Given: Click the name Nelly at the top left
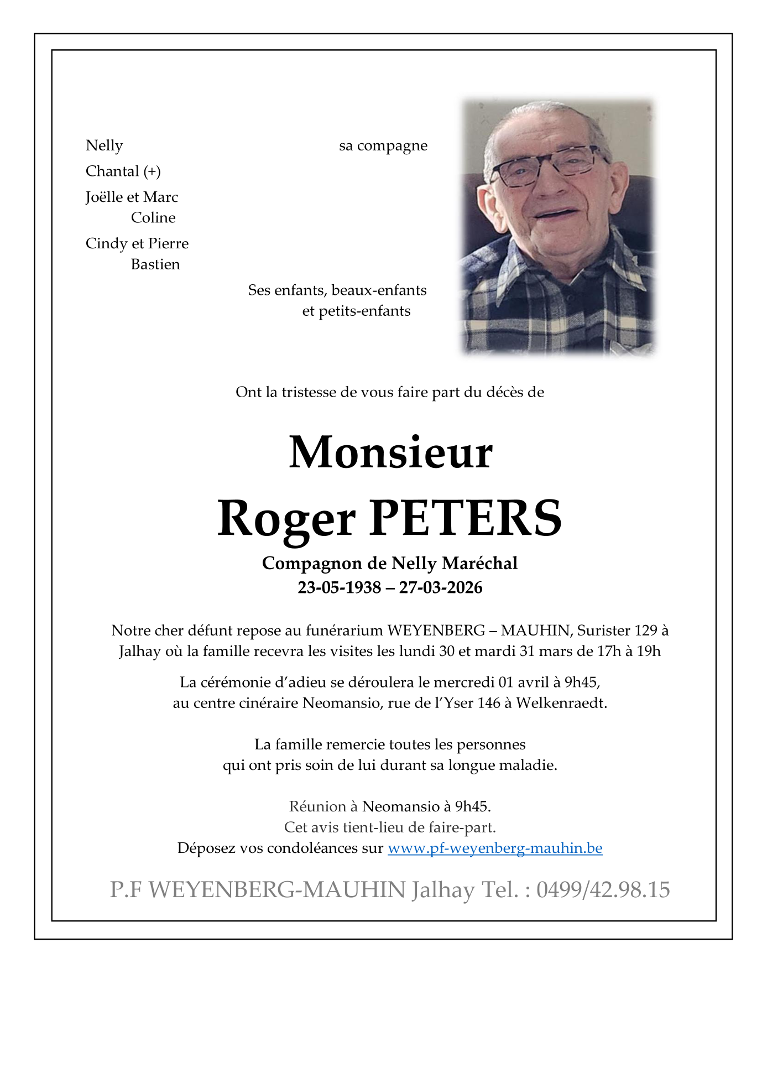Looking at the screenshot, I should click(104, 145).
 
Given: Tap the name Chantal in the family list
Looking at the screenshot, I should click(112, 171).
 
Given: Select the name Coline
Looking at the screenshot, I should click(153, 218).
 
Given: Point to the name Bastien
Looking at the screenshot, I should click(155, 264).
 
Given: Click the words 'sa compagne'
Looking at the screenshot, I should click(383, 146).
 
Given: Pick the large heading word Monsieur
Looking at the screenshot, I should click(390, 452).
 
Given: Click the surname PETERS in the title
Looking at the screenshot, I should click(465, 518).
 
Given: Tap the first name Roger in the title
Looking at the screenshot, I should click(286, 518).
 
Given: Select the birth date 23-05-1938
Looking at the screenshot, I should click(339, 587).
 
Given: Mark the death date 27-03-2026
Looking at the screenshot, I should click(441, 587).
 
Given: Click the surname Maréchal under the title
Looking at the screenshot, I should click(480, 563).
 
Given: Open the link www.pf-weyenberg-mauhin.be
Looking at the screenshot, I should click(495, 848).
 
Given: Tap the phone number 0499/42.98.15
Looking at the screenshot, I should click(603, 890).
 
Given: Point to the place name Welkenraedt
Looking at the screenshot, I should click(561, 703).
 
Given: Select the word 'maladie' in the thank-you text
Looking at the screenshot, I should click(528, 765).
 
